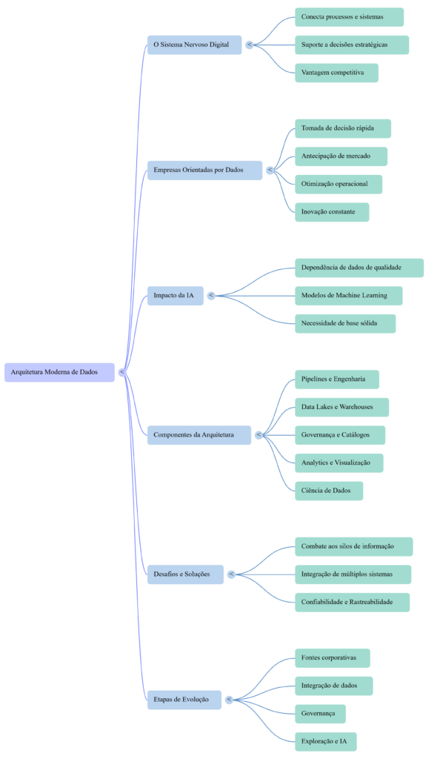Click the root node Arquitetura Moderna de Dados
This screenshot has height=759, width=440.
59,372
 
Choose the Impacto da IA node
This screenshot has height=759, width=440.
174,296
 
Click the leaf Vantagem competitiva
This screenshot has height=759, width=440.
336,73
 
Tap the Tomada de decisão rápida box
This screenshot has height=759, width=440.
342,128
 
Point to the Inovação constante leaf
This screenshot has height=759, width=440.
331,212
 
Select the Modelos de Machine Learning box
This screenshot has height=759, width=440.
348,296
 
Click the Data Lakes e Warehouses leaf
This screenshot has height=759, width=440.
341,407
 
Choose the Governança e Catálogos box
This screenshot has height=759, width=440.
340,435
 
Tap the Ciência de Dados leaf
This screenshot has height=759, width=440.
329,491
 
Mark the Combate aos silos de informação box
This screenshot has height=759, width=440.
353,546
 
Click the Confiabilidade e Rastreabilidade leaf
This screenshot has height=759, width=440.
352,602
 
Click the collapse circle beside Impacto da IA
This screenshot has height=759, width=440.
211,296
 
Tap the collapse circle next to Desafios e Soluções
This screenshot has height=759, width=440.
231,574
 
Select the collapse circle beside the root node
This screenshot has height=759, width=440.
122,372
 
